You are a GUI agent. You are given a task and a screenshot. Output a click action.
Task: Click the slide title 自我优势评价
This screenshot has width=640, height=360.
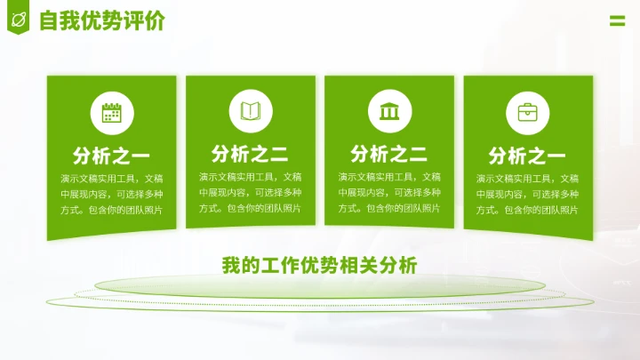tap(102, 21)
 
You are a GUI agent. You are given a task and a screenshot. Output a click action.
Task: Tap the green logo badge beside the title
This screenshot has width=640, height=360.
tap(17, 20)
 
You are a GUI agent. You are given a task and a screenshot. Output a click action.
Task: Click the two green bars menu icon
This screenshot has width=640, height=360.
tap(617, 21)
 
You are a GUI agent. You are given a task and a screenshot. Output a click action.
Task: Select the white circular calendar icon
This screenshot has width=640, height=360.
tap(112, 113)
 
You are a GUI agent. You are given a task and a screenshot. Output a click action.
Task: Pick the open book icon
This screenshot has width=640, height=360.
tap(251, 111)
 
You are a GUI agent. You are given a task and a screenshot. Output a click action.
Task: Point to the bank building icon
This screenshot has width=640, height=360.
tap(389, 111)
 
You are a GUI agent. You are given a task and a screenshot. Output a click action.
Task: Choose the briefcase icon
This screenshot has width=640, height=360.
tap(528, 113)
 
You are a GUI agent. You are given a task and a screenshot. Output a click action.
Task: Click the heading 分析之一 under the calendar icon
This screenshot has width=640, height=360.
tap(112, 157)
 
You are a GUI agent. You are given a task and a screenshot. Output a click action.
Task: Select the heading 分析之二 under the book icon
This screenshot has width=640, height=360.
tap(250, 154)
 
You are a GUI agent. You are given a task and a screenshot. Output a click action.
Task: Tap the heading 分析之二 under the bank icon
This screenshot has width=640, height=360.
tap(389, 154)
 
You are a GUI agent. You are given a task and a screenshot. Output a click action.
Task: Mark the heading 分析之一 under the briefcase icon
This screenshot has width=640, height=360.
tap(528, 157)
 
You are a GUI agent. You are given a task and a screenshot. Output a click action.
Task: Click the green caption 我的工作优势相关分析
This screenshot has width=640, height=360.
tap(319, 264)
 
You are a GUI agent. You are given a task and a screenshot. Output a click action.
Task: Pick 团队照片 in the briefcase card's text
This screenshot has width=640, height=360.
tap(557, 211)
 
